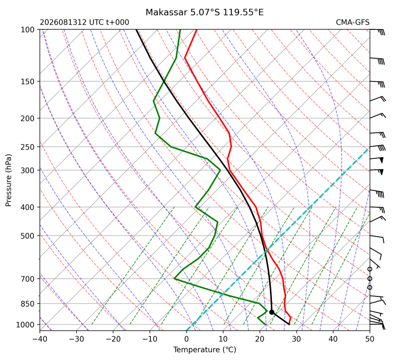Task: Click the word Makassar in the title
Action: tap(166, 12)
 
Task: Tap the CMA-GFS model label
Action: tap(352, 22)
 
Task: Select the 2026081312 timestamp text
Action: tap(63, 22)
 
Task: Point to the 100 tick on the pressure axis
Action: tap(28, 30)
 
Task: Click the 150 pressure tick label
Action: tap(28, 82)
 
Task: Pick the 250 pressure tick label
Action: tap(28, 147)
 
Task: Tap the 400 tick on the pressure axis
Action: tap(28, 207)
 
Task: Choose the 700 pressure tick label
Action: tap(28, 279)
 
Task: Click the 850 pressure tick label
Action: tap(28, 304)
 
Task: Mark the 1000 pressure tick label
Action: tap(25, 325)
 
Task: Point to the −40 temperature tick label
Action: tap(40, 339)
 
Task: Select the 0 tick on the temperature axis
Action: tap(186, 339)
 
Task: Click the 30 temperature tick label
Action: tap(297, 339)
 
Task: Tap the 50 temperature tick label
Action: tap(370, 339)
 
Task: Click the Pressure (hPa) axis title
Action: tap(9, 180)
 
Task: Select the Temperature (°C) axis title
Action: tap(205, 350)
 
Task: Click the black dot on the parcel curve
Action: tap(272, 312)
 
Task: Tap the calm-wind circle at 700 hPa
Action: tap(370, 279)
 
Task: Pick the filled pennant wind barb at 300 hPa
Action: tap(381, 172)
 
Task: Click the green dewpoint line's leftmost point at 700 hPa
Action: tap(174, 278)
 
